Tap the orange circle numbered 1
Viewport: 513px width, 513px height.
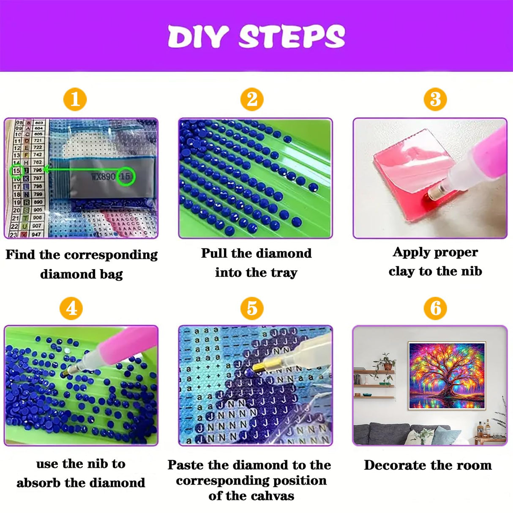point(75,99)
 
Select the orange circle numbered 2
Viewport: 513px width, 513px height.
point(252,99)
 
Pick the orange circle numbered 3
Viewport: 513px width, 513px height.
point(435,99)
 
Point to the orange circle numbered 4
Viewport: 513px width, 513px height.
point(71,308)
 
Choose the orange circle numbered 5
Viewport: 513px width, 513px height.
point(252,308)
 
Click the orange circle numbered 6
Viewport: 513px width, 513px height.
point(435,308)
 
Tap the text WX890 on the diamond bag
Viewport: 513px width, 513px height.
point(103,176)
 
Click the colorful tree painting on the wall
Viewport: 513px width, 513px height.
point(446,375)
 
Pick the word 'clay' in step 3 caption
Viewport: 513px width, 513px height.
point(401,271)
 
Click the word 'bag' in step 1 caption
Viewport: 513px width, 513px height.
point(111,274)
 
